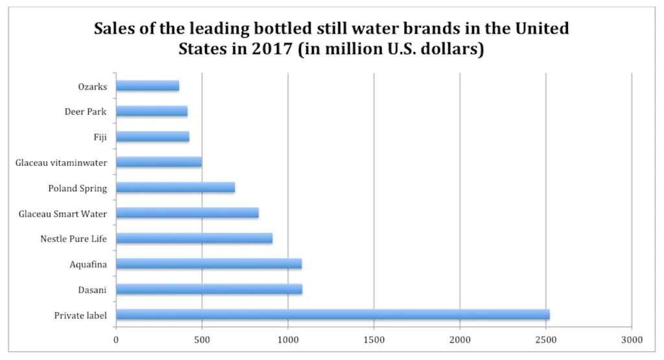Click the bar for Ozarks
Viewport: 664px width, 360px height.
(x=148, y=86)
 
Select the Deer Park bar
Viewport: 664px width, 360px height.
(x=152, y=112)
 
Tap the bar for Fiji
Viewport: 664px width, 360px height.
(x=153, y=137)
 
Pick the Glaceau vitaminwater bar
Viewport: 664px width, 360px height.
(x=159, y=162)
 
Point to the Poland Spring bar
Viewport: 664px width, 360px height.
(x=176, y=187)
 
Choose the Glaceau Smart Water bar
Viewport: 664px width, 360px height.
(x=187, y=213)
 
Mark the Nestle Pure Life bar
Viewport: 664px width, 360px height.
(x=195, y=238)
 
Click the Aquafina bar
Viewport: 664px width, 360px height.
(x=209, y=264)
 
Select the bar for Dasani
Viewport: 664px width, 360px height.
(x=209, y=289)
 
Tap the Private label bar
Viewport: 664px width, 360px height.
(x=333, y=315)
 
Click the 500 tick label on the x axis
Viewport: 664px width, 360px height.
(x=202, y=339)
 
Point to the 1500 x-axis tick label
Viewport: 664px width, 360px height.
(x=374, y=339)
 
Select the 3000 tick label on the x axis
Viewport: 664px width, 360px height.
(x=632, y=339)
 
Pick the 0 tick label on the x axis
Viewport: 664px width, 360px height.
(x=116, y=339)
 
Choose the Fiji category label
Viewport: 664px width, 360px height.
(x=100, y=138)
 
